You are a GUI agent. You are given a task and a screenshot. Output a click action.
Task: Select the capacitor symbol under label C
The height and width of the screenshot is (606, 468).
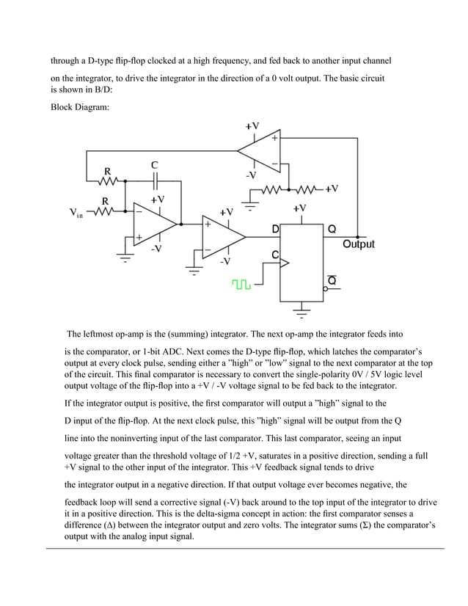click(155, 180)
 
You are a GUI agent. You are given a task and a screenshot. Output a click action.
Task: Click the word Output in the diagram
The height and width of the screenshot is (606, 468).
click(359, 244)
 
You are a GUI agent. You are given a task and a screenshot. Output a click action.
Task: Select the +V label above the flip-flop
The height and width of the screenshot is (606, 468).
click(299, 208)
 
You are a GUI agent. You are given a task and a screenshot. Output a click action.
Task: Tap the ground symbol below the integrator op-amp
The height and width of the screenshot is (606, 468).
click(124, 258)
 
